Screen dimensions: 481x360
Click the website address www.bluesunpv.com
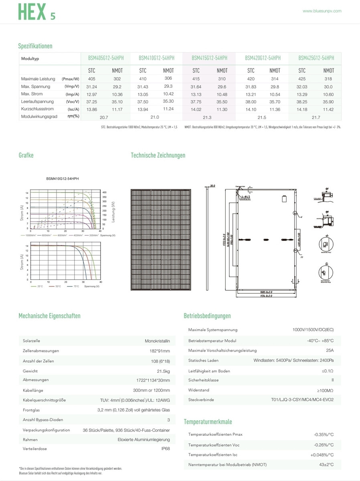[322, 11]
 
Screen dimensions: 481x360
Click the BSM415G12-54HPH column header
[209, 58]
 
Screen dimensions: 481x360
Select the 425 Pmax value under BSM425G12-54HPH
[302, 79]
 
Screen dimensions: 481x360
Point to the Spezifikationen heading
[35, 46]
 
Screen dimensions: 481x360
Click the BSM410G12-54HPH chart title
[62, 178]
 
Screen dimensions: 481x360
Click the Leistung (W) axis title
[113, 212]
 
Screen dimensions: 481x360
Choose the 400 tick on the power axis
[104, 193]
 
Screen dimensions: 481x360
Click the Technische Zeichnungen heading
[158, 155]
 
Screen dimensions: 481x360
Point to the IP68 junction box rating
[165, 449]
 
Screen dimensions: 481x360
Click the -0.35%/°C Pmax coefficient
[324, 435]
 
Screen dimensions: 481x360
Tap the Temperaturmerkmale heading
[208, 422]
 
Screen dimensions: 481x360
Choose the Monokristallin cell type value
[157, 341]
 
